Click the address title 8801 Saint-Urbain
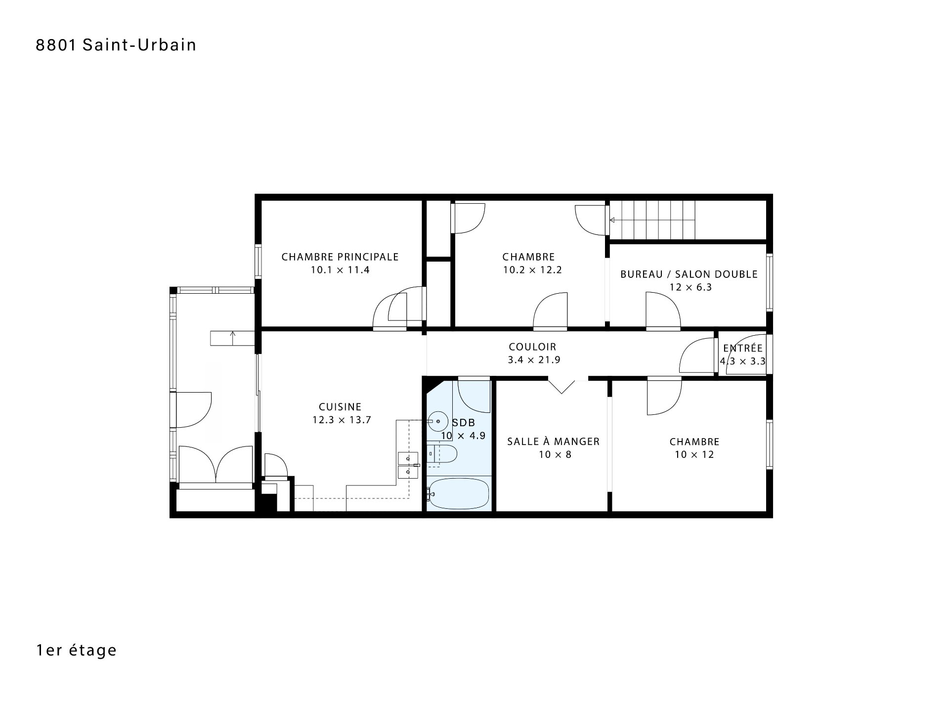(x=116, y=45)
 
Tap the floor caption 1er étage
(x=77, y=650)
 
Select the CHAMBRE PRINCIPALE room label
(x=340, y=257)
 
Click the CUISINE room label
(x=340, y=407)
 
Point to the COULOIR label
(x=533, y=347)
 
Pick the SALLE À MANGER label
(x=554, y=442)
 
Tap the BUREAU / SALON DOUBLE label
(x=689, y=274)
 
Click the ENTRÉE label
(x=743, y=348)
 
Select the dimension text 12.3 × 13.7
(x=342, y=420)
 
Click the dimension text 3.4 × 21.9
(x=534, y=360)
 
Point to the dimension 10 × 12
(x=694, y=455)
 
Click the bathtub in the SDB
(x=458, y=493)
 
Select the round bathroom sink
(x=437, y=421)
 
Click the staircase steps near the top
(x=652, y=220)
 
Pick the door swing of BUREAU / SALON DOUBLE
(x=663, y=310)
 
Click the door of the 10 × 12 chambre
(x=665, y=396)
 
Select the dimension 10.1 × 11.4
(x=340, y=270)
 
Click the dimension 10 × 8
(x=555, y=455)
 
